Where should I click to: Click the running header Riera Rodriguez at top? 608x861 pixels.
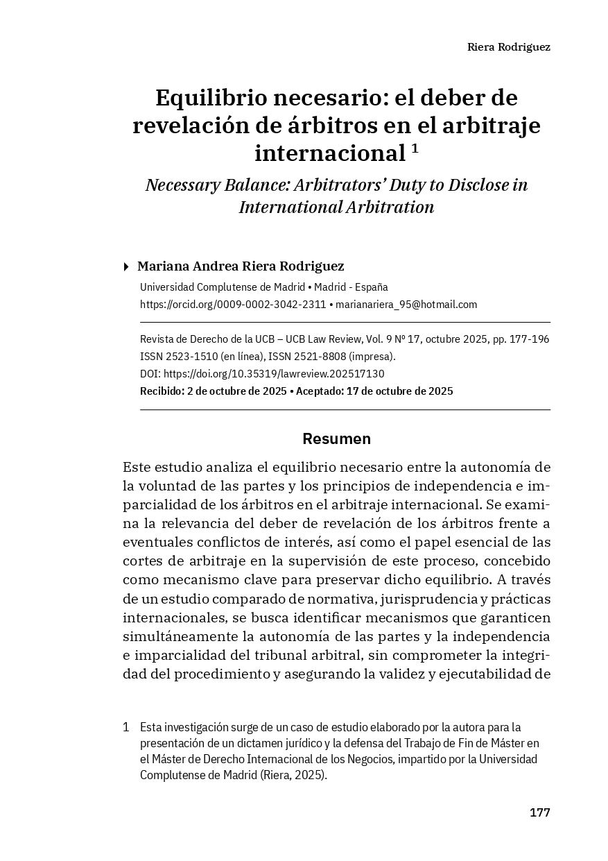click(x=508, y=47)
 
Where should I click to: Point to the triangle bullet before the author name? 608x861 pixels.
click(x=125, y=266)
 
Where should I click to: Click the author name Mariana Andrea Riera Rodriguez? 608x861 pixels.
click(x=241, y=266)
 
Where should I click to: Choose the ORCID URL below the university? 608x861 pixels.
click(x=233, y=305)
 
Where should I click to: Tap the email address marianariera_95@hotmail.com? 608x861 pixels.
click(x=406, y=305)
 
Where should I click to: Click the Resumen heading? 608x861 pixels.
click(x=336, y=439)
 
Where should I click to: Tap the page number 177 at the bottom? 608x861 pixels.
click(x=539, y=812)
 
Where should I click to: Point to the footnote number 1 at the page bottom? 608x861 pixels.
click(x=126, y=728)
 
